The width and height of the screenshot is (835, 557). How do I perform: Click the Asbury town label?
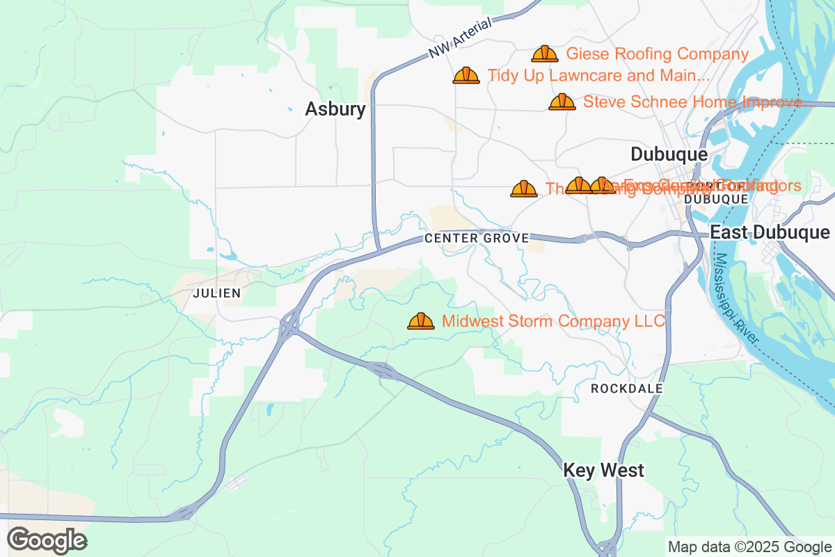tap(335, 109)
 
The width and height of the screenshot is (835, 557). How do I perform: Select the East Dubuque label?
tap(770, 232)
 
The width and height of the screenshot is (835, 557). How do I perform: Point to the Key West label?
tap(603, 471)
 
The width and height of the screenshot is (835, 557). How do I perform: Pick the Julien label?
tap(216, 293)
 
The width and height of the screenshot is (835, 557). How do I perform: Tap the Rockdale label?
tap(626, 389)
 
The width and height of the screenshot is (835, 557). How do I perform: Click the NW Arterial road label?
tap(460, 38)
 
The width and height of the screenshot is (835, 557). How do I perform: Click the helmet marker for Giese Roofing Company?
tap(544, 54)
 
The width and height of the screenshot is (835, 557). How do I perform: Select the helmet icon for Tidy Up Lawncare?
tap(466, 75)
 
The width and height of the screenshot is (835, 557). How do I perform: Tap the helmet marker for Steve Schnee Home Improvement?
tap(562, 102)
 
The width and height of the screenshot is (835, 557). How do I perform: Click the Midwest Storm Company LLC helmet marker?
tap(420, 321)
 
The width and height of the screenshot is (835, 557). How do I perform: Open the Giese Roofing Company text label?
tap(657, 54)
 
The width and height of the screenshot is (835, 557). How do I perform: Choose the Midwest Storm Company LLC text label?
tap(553, 321)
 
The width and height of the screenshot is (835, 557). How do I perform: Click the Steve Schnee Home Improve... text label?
tap(697, 102)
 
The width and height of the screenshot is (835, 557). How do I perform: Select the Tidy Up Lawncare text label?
tap(598, 75)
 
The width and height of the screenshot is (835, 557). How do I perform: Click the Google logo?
tap(47, 540)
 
